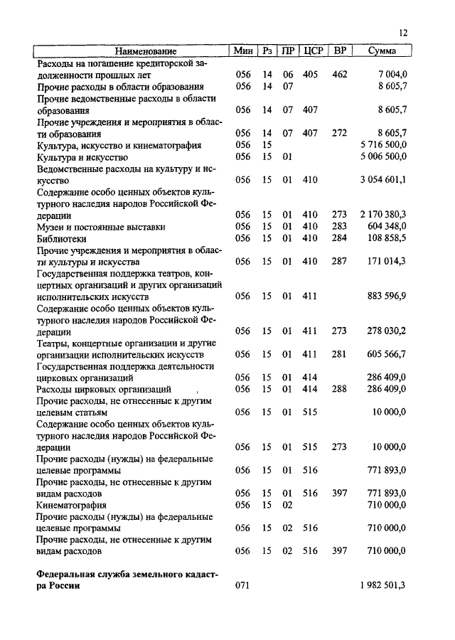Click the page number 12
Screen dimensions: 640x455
[404, 33]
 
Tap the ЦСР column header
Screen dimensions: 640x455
[313, 51]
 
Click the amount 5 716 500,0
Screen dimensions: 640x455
[382, 145]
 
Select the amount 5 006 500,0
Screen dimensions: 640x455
[382, 156]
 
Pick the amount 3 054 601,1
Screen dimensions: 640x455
[382, 180]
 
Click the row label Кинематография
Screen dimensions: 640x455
[72, 504]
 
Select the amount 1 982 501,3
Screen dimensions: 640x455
[382, 586]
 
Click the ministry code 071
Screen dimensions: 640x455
[244, 586]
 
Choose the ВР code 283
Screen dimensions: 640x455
[339, 227]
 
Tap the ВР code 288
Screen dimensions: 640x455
[339, 389]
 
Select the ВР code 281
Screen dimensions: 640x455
[339, 354]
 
